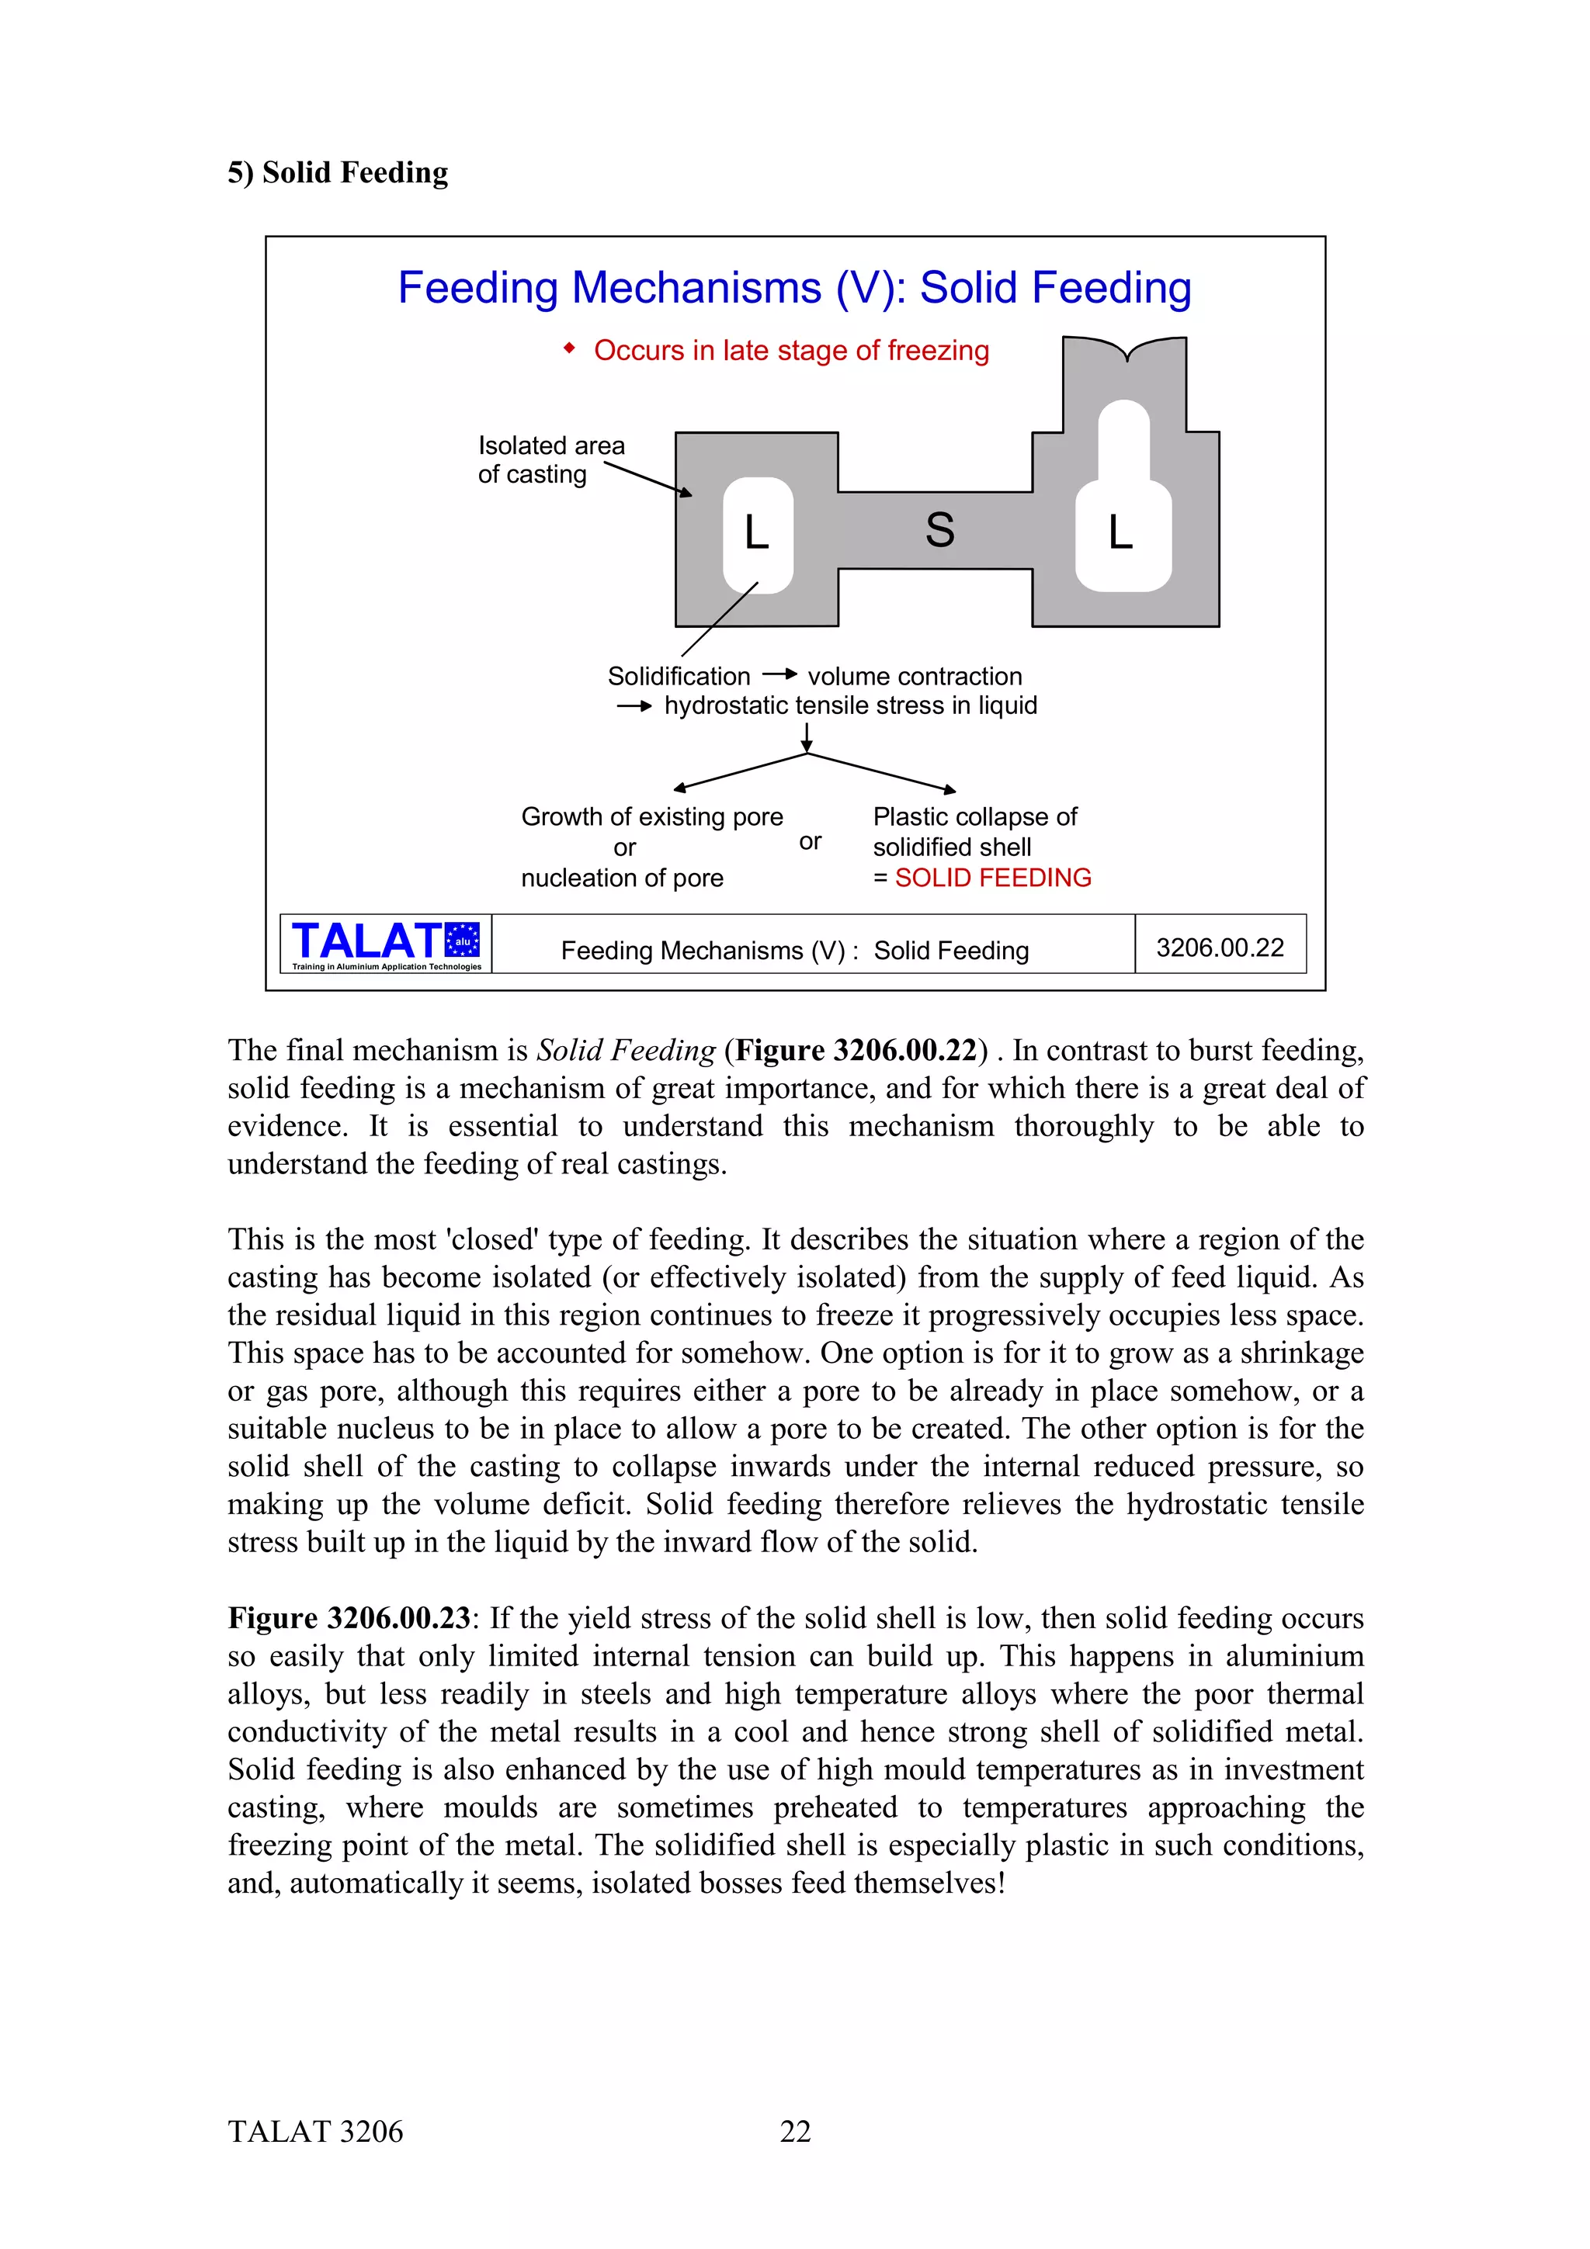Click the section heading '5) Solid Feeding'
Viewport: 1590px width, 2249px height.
338,172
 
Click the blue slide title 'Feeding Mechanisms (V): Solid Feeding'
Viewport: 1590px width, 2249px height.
794,288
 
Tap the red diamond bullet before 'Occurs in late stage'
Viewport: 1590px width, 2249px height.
569,348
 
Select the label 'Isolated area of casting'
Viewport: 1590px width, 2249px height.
550,459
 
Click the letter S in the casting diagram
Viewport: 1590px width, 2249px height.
939,530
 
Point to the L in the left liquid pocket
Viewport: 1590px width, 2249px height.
756,534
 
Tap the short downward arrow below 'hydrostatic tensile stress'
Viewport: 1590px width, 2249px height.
807,736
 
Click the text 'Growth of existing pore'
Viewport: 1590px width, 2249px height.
651,817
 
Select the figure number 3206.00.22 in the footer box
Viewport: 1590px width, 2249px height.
1220,948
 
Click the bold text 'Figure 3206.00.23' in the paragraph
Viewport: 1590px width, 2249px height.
349,1618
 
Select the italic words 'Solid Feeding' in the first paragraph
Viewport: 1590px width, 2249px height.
626,1050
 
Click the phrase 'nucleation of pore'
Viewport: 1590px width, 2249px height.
622,878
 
